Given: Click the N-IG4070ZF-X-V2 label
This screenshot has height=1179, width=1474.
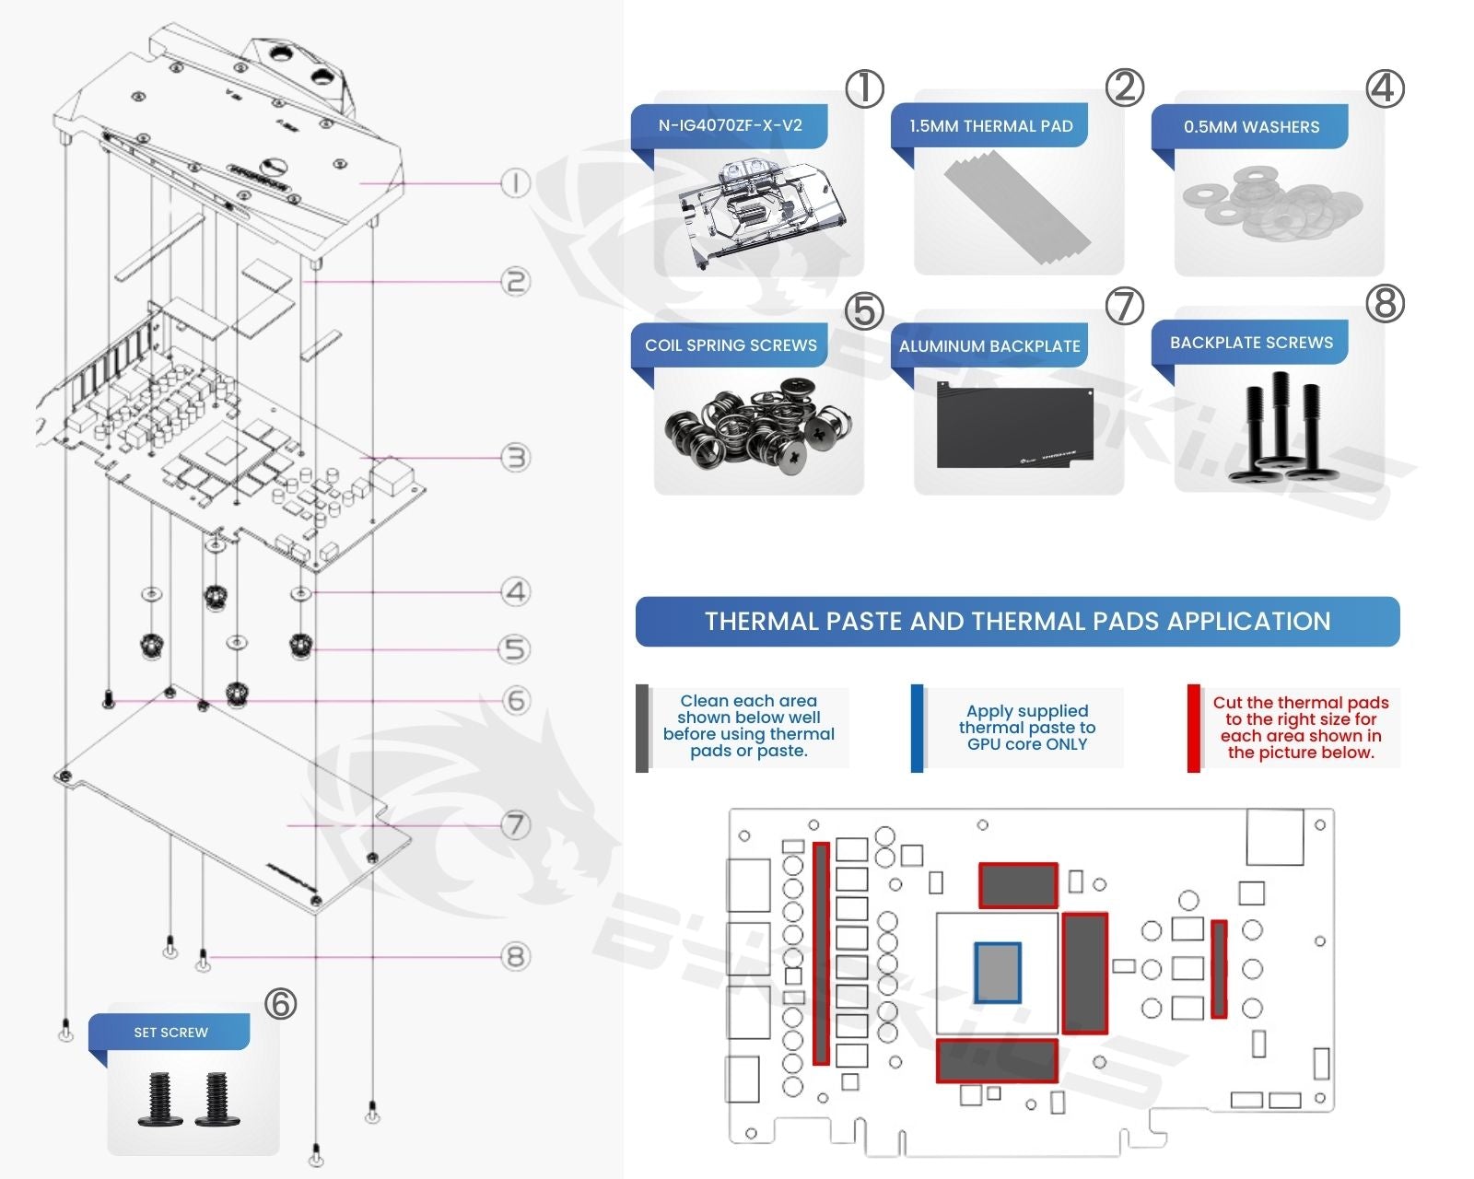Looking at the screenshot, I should tap(730, 125).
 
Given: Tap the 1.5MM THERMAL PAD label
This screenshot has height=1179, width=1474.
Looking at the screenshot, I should tap(990, 126).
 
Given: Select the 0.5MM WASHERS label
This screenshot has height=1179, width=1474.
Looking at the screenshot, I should tap(1251, 127).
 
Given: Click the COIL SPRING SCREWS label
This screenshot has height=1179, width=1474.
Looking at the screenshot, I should tap(731, 345).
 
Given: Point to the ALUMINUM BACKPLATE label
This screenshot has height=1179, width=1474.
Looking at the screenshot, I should tap(989, 346).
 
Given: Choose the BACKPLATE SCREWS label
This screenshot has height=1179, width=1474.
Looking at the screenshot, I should tap(1251, 343).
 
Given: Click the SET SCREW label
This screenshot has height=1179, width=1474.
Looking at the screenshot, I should tap(170, 1033).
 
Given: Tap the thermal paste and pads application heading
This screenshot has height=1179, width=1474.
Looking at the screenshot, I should tap(1017, 622).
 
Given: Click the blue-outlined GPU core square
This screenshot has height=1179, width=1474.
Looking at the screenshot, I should tap(998, 973).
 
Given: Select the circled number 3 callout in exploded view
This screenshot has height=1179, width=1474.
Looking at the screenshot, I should tap(515, 457).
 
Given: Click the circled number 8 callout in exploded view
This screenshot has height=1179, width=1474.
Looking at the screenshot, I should tap(515, 957).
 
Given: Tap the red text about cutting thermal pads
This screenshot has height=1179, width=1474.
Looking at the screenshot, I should tap(1300, 728).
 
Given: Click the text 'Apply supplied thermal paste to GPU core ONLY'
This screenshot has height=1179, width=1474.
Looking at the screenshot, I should tap(1027, 728).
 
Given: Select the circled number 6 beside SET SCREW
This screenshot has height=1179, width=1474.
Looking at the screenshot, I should tap(280, 1003).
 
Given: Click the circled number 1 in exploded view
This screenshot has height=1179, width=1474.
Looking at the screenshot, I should tap(515, 183).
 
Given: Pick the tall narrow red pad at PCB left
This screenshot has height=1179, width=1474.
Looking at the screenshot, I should tap(821, 953).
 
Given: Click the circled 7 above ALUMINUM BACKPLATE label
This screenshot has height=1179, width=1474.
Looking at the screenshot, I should tap(1124, 306).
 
